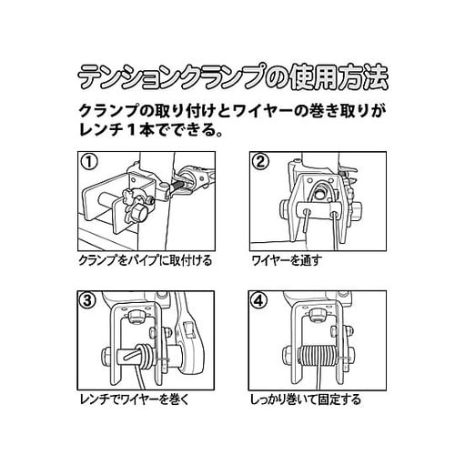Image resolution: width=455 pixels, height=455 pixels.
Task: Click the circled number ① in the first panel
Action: pos(89,162)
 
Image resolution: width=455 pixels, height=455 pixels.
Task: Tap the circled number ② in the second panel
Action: pos(260,162)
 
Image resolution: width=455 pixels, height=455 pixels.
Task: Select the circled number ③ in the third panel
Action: pos(88,300)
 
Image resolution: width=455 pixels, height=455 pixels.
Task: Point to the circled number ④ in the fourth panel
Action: pos(259,300)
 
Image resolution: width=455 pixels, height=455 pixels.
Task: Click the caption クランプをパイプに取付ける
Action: pos(146,260)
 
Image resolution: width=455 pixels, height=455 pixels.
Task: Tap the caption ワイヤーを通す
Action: pos(287,260)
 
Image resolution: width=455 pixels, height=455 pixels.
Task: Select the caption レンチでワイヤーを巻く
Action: pos(135,399)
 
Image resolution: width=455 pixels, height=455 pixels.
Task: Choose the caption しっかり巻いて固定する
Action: pos(306,399)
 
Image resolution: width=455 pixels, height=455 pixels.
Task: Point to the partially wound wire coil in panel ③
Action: pos(145,354)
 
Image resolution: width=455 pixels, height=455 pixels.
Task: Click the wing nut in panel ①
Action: pos(131,197)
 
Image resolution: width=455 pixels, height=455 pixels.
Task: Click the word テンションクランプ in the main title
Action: pos(170,77)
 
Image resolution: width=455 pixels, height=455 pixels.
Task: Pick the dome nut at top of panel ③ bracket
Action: pos(136,318)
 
